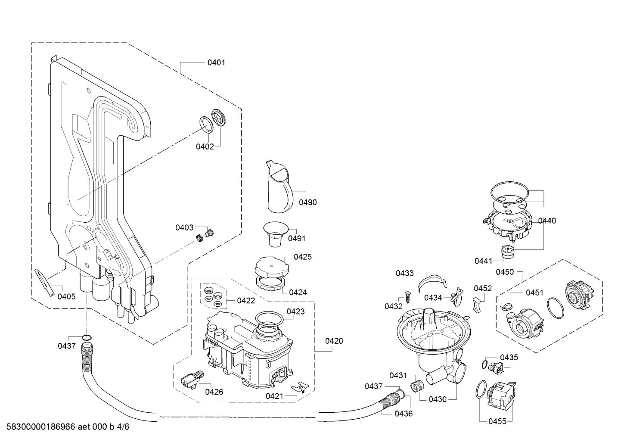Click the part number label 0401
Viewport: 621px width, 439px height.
pyautogui.click(x=216, y=62)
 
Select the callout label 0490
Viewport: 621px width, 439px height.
pyautogui.click(x=308, y=202)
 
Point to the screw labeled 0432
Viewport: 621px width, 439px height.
pyautogui.click(x=408, y=297)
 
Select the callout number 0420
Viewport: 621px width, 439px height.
pyautogui.click(x=334, y=341)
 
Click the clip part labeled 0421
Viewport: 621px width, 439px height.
pyautogui.click(x=300, y=387)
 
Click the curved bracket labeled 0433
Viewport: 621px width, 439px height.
pyautogui.click(x=432, y=282)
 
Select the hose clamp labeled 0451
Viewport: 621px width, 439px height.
pyautogui.click(x=506, y=306)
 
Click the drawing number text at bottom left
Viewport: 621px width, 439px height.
pyautogui.click(x=68, y=427)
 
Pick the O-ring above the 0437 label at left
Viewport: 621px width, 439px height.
pyautogui.click(x=87, y=337)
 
